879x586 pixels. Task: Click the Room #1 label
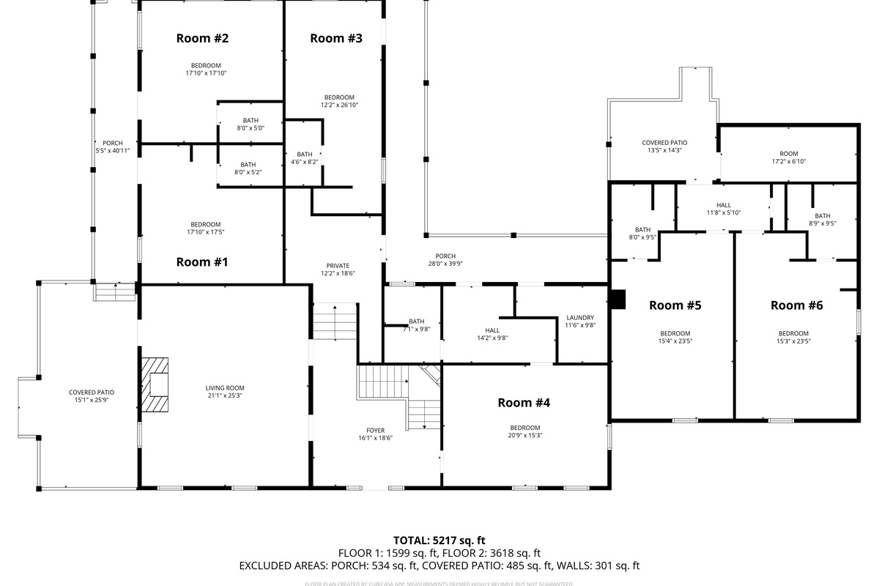point(202,262)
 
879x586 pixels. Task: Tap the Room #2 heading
point(202,38)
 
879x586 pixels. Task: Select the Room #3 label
point(336,38)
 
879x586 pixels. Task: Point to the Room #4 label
point(524,402)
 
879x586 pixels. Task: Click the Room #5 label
point(675,305)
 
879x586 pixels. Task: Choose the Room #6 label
point(796,305)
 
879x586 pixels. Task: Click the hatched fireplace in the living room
point(155,387)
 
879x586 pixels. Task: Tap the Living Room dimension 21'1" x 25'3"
point(225,396)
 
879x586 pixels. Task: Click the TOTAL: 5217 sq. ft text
point(439,540)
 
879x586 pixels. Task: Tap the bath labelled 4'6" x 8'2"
point(305,158)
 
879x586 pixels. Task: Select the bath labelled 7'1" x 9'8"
point(416,325)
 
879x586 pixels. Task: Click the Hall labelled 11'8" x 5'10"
point(724,209)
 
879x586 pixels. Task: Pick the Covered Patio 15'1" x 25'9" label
point(92,396)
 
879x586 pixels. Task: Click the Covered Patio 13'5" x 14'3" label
point(664,146)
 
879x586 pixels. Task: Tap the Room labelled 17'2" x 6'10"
point(788,157)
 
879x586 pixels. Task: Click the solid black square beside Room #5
point(618,299)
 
